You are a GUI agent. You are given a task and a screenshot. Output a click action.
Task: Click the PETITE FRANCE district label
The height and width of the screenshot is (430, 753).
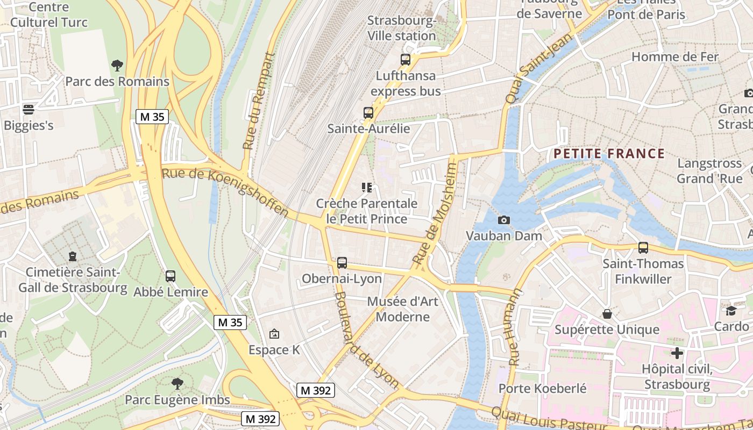(x=609, y=154)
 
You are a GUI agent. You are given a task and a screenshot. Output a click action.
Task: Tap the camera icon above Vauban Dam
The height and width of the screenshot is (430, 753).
(x=504, y=220)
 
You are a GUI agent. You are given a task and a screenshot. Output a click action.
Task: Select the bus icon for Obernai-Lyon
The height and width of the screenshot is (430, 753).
(x=342, y=263)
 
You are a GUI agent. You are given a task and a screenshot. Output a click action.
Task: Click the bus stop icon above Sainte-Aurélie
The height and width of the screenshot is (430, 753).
(x=368, y=113)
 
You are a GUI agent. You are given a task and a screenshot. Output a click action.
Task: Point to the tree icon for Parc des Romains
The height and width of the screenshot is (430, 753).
(x=117, y=66)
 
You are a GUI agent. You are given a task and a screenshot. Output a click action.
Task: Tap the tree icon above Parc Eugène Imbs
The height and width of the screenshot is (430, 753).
(x=177, y=384)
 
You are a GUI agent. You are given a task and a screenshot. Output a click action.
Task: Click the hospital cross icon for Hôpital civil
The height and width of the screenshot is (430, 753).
(x=677, y=353)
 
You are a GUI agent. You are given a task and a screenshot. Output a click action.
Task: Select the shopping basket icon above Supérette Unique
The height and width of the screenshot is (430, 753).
(x=607, y=313)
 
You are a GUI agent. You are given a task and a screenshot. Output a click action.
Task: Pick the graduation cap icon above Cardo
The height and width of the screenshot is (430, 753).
(x=731, y=311)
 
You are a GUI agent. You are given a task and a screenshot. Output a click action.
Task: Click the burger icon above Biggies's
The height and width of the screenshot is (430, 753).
(x=29, y=110)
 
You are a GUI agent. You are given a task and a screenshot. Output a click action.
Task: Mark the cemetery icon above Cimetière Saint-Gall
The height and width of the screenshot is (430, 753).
(x=73, y=256)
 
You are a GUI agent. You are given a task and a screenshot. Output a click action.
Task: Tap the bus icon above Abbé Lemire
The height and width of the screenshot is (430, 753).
(x=171, y=276)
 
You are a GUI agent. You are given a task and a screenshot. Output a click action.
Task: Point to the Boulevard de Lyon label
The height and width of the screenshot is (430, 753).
(x=366, y=340)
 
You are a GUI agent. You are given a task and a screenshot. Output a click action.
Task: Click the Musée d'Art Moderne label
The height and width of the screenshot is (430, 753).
(x=403, y=309)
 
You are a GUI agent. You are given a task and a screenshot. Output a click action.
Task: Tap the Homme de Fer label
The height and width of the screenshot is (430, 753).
(x=674, y=56)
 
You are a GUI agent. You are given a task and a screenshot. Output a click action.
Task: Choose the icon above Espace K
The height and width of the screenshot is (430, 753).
(x=274, y=334)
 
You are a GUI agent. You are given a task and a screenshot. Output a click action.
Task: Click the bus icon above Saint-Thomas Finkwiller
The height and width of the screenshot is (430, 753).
(x=643, y=248)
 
